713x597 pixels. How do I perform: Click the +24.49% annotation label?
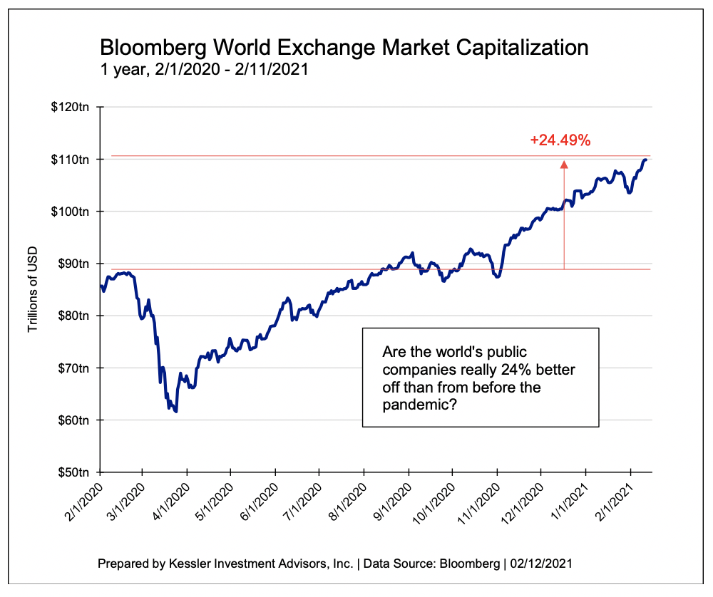(560, 140)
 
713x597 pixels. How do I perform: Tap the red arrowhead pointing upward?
(564, 165)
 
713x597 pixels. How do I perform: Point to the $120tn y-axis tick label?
(73, 108)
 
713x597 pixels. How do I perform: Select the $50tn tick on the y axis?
(75, 472)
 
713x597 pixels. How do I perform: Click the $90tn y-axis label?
(75, 264)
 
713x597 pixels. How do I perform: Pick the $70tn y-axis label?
(75, 368)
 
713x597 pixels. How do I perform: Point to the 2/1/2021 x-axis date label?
(612, 502)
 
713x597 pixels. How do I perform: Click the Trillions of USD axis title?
(32, 289)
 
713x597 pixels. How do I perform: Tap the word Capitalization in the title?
(519, 48)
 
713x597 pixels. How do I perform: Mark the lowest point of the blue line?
(175, 411)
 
